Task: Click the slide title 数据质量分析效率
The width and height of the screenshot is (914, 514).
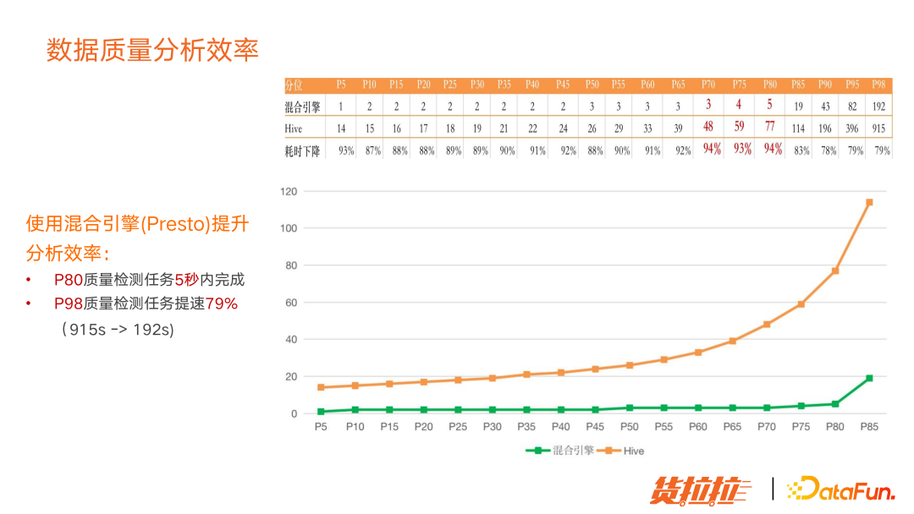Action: click(x=152, y=50)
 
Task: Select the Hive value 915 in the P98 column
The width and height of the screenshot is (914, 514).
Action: click(x=879, y=128)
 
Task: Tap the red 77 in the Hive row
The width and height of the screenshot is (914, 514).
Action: click(x=769, y=128)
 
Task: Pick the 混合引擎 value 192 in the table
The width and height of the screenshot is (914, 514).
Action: click(x=879, y=107)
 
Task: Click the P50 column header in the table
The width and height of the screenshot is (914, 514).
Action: click(x=592, y=85)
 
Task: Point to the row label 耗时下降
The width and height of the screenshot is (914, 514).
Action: click(x=302, y=150)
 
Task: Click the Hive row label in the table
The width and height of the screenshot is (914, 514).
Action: click(x=294, y=128)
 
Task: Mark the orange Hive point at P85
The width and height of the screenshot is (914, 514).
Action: click(x=869, y=202)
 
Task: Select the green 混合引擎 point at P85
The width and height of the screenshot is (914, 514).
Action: click(x=869, y=378)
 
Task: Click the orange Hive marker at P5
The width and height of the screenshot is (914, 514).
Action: click(x=321, y=387)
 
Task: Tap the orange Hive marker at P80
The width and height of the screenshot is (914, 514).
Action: click(x=835, y=271)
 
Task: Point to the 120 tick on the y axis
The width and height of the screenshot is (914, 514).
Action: click(x=289, y=191)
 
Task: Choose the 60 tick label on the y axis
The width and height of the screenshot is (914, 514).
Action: click(x=292, y=302)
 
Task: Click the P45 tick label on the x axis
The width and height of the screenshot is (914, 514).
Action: click(x=595, y=427)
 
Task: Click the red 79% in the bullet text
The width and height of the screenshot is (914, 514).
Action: click(x=222, y=303)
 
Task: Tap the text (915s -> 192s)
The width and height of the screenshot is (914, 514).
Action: click(x=118, y=329)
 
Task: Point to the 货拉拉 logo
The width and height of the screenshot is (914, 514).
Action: click(x=700, y=489)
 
